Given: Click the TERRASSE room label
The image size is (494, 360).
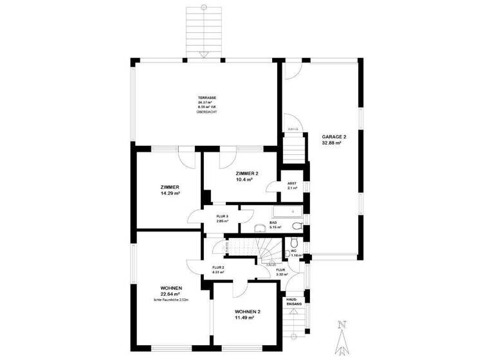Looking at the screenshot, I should point(206,97).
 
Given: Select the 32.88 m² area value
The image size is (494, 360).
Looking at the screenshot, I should point(331,143).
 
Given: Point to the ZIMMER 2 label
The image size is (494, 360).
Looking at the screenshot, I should point(247,174).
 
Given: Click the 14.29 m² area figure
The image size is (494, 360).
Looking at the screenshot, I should point(170,193).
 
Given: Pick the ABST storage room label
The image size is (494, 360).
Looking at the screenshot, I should point(292,183).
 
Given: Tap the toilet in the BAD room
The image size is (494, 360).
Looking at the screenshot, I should point(297,226).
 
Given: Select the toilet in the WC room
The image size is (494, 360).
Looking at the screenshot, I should point(293,242).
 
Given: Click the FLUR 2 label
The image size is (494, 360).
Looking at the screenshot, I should point(218,267).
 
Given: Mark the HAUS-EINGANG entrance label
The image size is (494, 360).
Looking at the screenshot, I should point(293,301).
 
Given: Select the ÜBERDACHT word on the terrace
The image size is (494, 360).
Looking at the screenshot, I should point(206,113).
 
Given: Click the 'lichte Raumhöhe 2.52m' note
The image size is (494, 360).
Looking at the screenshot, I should point(170,300).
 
